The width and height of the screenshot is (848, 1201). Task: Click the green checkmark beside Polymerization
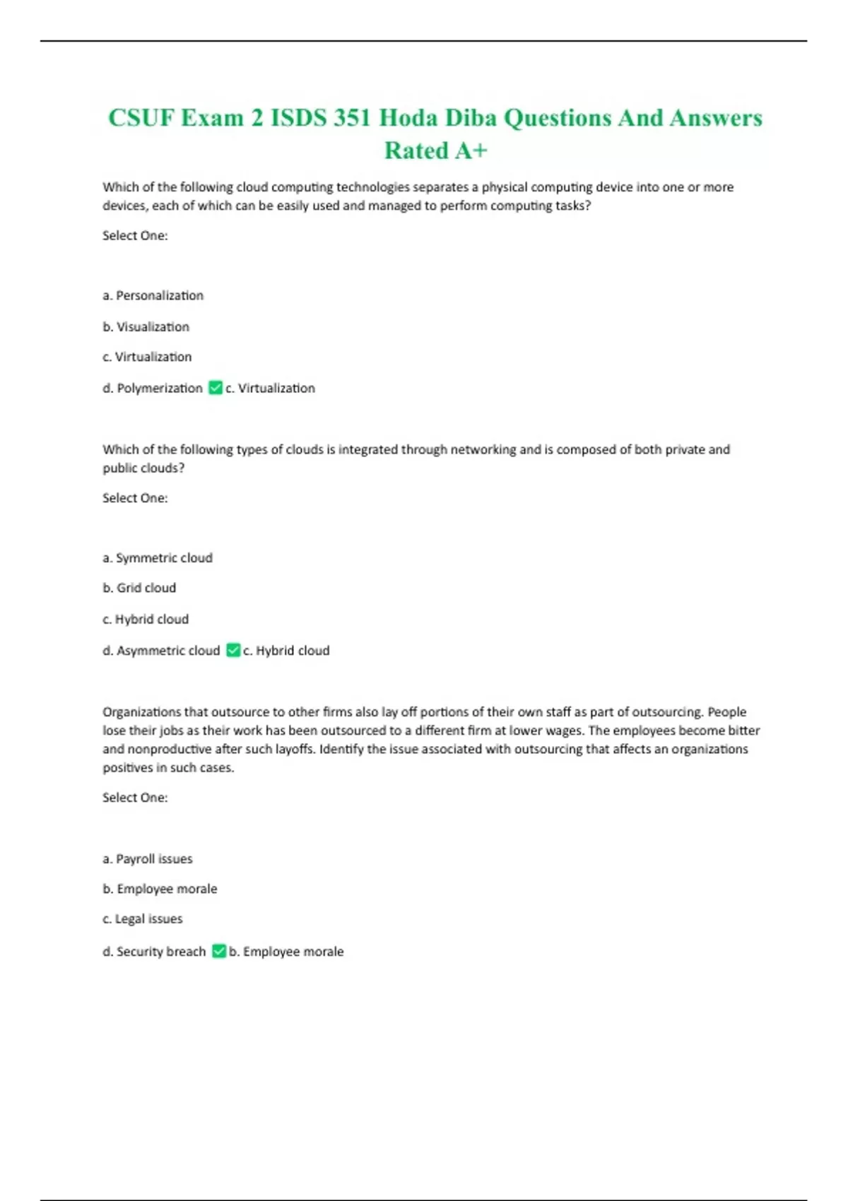click(x=216, y=388)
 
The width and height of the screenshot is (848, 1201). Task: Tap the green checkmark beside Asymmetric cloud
click(x=233, y=650)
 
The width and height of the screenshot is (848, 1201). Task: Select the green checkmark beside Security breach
click(x=219, y=951)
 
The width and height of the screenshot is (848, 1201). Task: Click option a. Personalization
click(x=153, y=295)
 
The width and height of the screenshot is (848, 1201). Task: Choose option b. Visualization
click(x=146, y=326)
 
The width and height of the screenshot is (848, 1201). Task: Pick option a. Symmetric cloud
click(x=157, y=557)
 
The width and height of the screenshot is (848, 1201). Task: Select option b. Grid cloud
click(x=139, y=588)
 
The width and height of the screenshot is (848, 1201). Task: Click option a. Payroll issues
click(x=147, y=858)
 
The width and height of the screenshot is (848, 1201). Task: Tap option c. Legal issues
click(x=142, y=918)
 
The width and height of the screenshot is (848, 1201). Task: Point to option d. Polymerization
click(x=152, y=388)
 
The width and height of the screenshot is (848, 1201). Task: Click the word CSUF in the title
click(x=141, y=117)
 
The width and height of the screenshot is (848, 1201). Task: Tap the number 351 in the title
click(x=351, y=117)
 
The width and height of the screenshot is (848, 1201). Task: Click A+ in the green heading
click(x=471, y=150)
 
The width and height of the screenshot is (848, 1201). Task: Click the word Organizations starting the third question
click(x=141, y=711)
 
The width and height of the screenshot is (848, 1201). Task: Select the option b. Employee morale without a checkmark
click(x=160, y=889)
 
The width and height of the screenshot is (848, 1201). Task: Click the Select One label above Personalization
click(x=135, y=235)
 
